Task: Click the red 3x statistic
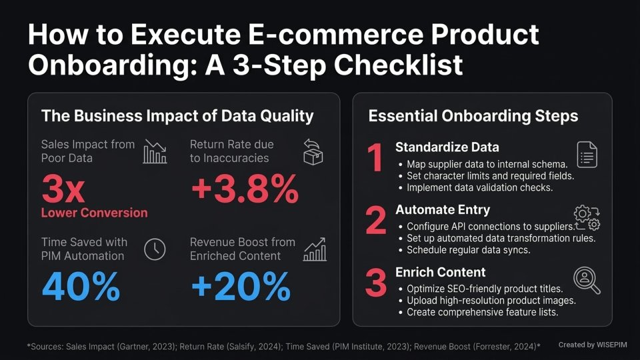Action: click(63, 189)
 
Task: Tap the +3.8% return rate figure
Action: click(244, 190)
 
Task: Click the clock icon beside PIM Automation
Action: click(155, 249)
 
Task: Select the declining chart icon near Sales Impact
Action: click(155, 152)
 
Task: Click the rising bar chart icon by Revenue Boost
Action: click(315, 249)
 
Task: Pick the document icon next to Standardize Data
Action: click(587, 155)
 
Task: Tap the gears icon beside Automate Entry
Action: click(587, 217)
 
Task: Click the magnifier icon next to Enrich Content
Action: click(587, 280)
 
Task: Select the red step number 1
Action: click(376, 159)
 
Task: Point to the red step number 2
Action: click(376, 221)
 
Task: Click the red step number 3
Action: click(376, 283)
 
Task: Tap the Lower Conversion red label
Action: click(94, 213)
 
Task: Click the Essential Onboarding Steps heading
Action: click(473, 116)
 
